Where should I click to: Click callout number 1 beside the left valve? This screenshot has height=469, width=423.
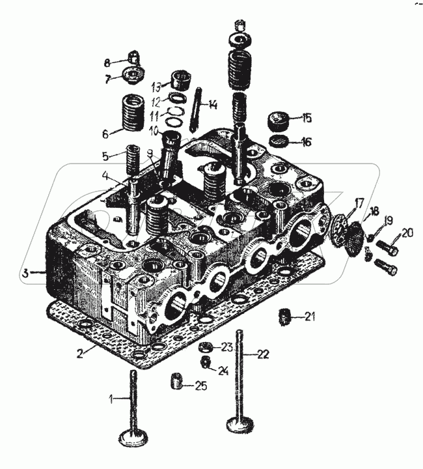click(x=111, y=398)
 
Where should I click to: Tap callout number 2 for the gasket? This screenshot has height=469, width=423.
click(x=79, y=354)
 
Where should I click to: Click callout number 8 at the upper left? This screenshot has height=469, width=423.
click(x=107, y=63)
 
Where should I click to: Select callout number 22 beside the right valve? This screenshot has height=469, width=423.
click(x=262, y=354)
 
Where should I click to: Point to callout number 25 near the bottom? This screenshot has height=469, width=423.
click(x=201, y=387)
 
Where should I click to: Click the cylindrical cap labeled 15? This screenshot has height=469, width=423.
click(x=279, y=122)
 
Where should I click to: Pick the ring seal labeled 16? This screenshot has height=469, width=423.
click(x=279, y=141)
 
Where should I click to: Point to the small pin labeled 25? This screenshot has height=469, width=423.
click(x=175, y=381)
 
